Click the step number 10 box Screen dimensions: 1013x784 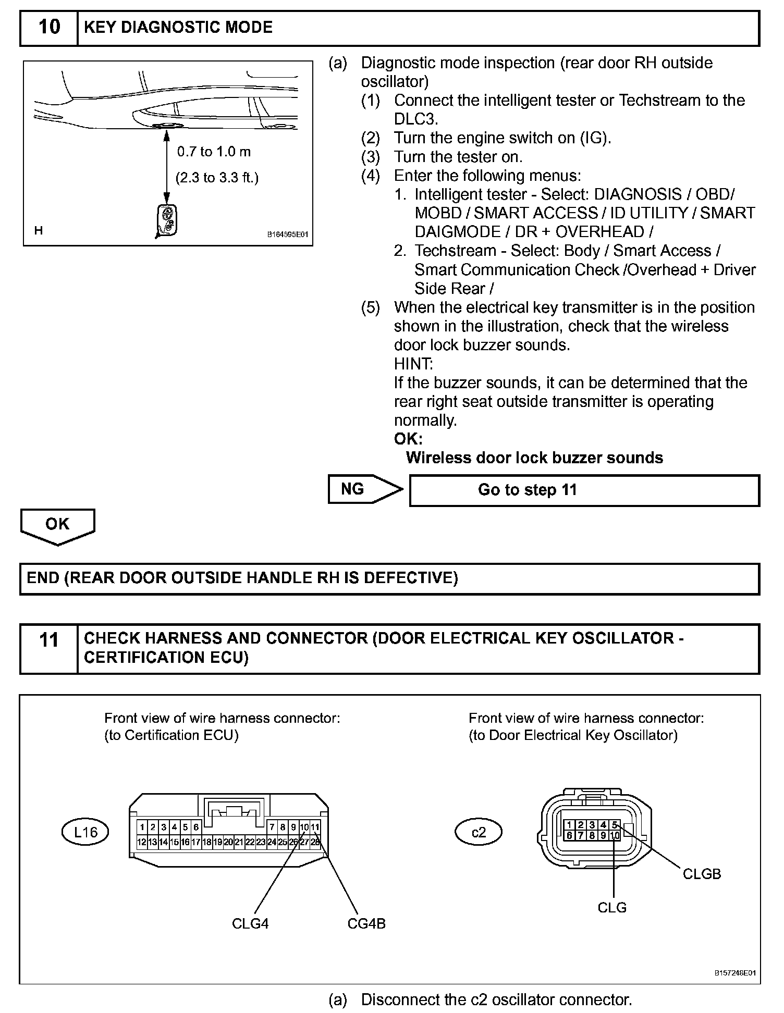(49, 27)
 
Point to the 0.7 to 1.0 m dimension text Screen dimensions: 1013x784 (214, 152)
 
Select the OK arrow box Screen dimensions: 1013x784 (57, 526)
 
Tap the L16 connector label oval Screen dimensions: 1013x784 (85, 832)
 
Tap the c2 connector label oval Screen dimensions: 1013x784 (478, 832)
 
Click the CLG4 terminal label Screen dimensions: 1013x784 (250, 924)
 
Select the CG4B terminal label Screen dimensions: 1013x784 (366, 924)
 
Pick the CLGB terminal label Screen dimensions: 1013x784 (702, 874)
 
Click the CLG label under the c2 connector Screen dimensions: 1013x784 (612, 908)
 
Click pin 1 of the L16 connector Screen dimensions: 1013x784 (142, 827)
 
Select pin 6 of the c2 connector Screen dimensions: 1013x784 (569, 835)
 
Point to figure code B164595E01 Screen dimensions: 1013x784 (287, 235)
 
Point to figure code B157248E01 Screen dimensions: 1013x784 (735, 973)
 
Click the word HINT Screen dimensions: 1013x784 (413, 364)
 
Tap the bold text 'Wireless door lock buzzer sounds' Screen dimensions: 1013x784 (534, 458)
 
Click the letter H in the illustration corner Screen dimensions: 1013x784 (39, 230)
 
